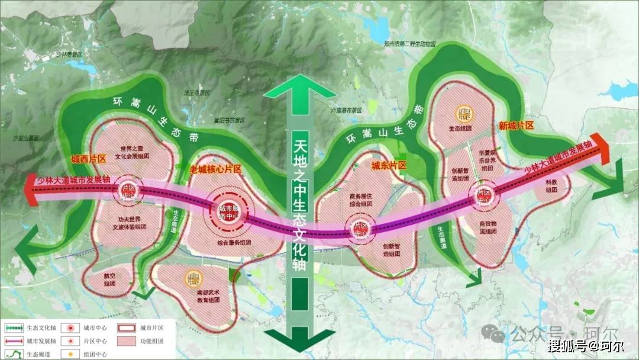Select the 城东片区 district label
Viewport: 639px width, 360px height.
tap(389, 166)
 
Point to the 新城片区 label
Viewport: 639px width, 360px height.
tap(516, 126)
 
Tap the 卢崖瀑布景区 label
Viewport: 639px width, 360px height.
tap(346, 111)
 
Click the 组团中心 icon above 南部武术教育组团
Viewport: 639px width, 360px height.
tap(193, 277)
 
